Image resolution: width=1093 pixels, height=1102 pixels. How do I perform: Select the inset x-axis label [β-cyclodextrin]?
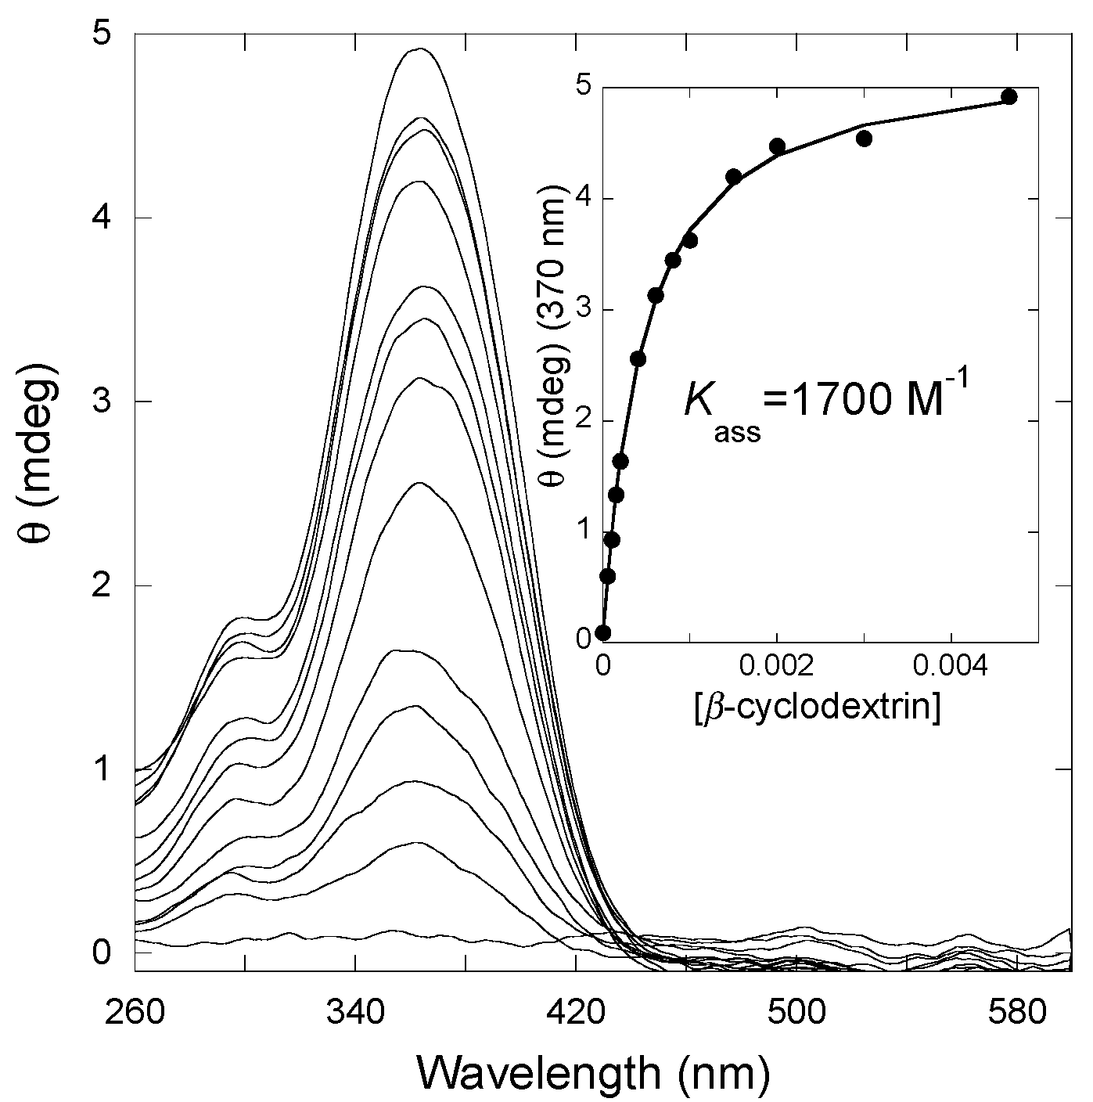(x=817, y=707)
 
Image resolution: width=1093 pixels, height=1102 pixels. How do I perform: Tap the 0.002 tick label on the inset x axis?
(x=776, y=671)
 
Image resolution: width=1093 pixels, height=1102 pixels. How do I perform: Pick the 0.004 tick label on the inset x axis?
(x=951, y=671)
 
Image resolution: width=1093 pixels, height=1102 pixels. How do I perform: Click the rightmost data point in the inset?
(x=1009, y=97)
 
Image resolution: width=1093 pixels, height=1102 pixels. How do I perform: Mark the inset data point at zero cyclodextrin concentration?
(x=602, y=633)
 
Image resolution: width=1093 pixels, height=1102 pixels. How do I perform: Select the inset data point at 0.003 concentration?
(x=865, y=139)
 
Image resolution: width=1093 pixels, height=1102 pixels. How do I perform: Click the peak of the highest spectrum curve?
(x=420, y=49)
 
